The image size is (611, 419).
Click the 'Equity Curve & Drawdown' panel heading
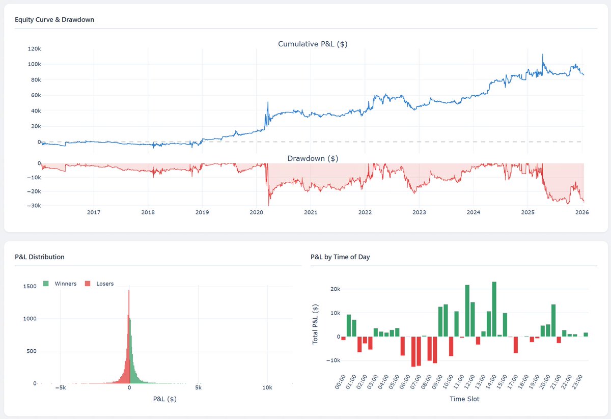(x=54, y=20)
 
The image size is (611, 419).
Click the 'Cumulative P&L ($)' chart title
(x=313, y=44)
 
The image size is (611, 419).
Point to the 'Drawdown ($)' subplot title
(x=313, y=158)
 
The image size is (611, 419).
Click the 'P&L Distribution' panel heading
(x=40, y=257)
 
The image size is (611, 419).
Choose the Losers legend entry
(x=101, y=284)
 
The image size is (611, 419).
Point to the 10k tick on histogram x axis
(x=267, y=387)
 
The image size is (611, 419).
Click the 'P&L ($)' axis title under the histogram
(x=164, y=399)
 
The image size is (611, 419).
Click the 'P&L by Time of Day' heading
(x=340, y=257)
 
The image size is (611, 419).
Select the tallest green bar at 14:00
(x=494, y=309)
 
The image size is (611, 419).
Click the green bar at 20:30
(x=553, y=320)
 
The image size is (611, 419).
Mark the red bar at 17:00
(x=515, y=345)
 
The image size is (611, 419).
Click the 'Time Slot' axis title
(x=464, y=399)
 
